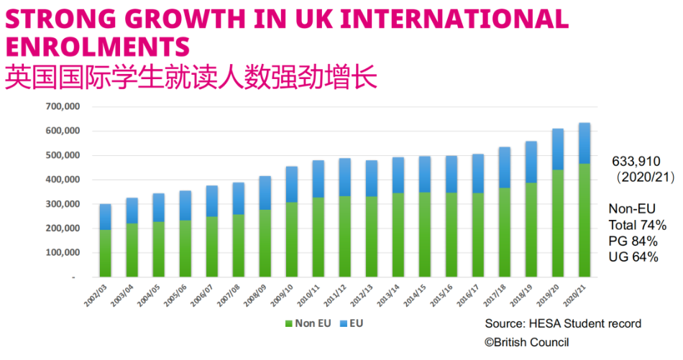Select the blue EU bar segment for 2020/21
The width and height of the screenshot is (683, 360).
click(x=585, y=143)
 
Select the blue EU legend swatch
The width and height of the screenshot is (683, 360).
click(x=343, y=323)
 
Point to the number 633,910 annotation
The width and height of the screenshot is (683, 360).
click(x=636, y=160)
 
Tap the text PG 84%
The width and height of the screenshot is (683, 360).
click(x=633, y=241)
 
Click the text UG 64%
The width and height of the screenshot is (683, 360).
click(x=633, y=257)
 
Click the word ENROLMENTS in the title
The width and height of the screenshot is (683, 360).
click(x=97, y=47)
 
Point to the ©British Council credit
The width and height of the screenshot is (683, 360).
click(x=526, y=342)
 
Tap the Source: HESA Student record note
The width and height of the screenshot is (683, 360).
click(x=563, y=323)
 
